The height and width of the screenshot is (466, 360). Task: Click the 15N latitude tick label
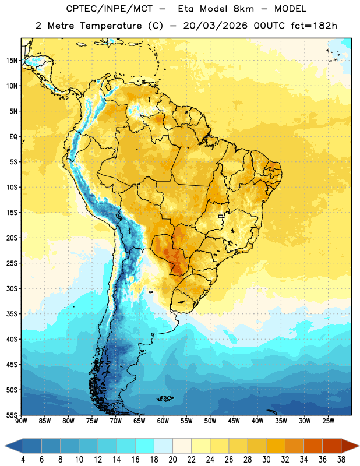12,61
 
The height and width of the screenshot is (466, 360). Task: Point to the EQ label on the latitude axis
13,137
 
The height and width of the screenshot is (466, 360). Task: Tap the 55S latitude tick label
12,415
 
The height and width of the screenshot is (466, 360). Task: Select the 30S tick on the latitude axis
12,288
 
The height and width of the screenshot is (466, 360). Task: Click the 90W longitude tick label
21,421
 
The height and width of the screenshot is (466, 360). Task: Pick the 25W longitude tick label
328,421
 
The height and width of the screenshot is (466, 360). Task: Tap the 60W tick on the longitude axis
163,421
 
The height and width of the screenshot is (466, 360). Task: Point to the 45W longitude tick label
234,421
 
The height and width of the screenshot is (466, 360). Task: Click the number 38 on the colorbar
341,460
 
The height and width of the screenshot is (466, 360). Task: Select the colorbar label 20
172,460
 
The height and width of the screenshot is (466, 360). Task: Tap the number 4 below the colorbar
23,460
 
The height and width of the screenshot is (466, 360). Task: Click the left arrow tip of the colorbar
5,446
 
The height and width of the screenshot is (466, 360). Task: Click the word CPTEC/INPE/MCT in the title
110,9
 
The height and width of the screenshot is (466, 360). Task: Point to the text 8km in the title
243,9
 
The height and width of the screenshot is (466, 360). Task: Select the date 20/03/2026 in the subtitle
215,26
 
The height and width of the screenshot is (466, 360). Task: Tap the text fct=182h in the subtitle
314,26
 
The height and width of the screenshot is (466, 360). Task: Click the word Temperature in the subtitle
111,26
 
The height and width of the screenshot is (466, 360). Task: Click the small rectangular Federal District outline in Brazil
221,216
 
